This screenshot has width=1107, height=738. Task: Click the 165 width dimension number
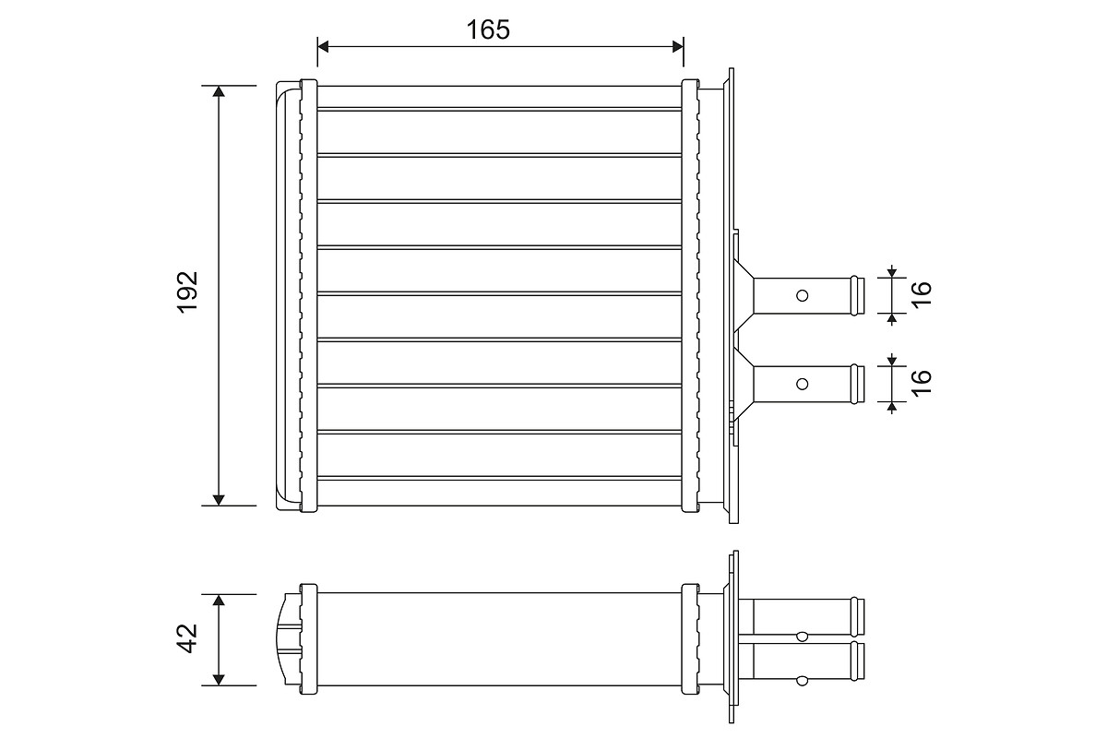488,30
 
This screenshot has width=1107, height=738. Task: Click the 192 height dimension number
187,292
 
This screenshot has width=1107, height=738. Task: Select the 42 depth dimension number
187,638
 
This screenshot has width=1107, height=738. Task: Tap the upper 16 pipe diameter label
922,295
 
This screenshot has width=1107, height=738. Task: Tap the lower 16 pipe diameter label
922,383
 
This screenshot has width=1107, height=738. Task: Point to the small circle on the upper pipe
802,295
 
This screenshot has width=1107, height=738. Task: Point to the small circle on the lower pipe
802,384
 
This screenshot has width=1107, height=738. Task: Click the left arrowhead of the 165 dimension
323,47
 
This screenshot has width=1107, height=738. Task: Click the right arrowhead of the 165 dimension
678,47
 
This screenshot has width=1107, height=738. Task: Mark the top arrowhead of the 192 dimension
219,91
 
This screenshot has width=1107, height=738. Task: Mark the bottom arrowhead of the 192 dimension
219,500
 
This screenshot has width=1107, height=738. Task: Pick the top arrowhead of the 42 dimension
219,601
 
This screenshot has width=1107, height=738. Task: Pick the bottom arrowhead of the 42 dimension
219,680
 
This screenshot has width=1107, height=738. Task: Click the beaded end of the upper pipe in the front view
857,295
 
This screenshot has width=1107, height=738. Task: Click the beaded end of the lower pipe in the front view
857,384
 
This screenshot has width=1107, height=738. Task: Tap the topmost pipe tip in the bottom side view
857,617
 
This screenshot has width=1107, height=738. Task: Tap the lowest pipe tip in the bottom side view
857,661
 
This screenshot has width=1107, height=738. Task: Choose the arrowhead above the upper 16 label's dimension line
891,272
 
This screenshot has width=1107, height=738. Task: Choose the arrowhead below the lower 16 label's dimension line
891,408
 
